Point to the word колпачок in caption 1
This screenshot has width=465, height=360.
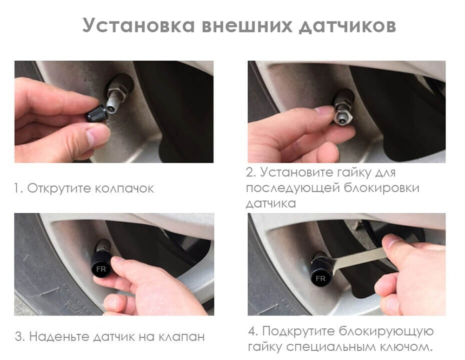[124, 189]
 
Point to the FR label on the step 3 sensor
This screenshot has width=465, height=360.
[100, 268]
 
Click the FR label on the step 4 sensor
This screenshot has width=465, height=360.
[320, 278]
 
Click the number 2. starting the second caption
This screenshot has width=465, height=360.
[251, 173]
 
